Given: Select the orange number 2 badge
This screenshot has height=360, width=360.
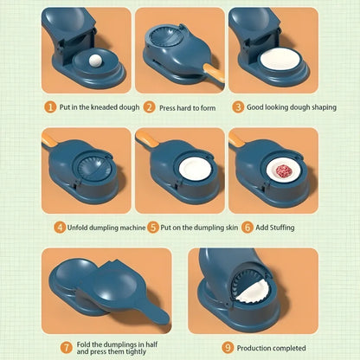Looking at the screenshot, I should click(x=150, y=107).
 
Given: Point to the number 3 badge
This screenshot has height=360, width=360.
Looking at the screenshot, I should click(x=237, y=107).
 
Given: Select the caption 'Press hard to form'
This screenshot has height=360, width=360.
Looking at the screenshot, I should click(x=188, y=107).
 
